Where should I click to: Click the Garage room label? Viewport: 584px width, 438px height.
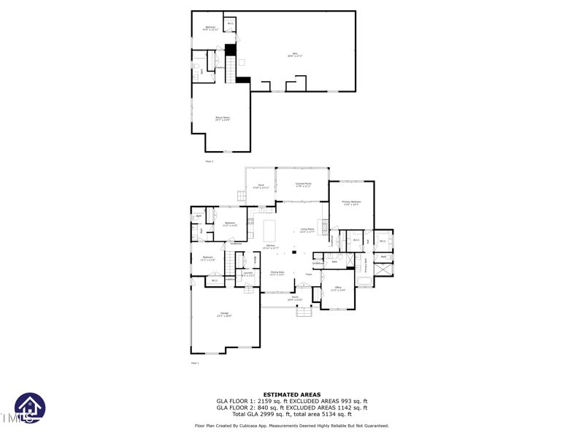[x=224, y=314]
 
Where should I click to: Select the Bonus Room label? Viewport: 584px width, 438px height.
[x=222, y=118]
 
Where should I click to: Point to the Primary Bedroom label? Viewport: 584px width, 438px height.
[x=351, y=203]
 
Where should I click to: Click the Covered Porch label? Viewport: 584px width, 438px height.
[x=303, y=185]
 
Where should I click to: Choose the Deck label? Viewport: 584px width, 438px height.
[x=261, y=186]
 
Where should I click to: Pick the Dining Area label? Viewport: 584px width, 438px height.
[x=277, y=274]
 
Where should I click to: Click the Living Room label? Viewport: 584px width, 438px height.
[x=307, y=230]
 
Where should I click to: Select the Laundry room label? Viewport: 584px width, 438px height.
[x=248, y=274]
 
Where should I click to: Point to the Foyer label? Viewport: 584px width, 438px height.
[x=309, y=274]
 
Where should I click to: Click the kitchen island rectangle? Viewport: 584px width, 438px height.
[x=269, y=231]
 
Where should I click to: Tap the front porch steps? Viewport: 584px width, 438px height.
[x=304, y=311]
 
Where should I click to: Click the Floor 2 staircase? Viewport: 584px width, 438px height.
[x=231, y=69]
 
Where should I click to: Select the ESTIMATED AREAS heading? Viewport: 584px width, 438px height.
[x=292, y=395]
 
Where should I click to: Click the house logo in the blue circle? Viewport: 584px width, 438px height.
[x=30, y=407]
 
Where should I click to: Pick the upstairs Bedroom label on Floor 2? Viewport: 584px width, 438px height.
[x=210, y=28]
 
